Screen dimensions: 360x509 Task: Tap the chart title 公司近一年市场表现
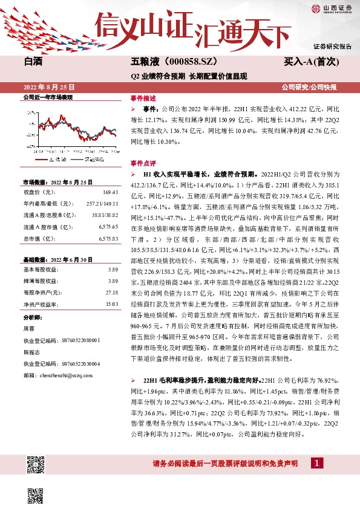pos(48,97)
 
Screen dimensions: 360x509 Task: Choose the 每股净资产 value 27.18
pos(111,292)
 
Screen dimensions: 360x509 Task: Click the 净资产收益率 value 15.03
pos(111,303)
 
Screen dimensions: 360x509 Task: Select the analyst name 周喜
pos(28,329)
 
